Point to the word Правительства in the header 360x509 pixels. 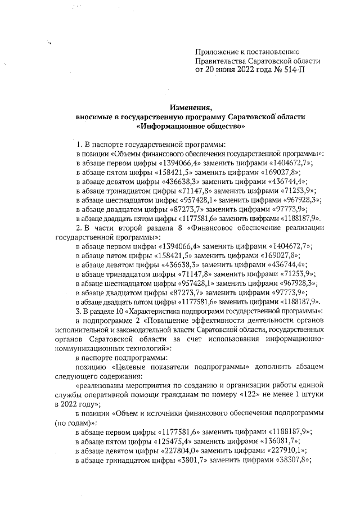(220, 61)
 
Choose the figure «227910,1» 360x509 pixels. (288, 451)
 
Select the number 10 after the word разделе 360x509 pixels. (119, 310)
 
